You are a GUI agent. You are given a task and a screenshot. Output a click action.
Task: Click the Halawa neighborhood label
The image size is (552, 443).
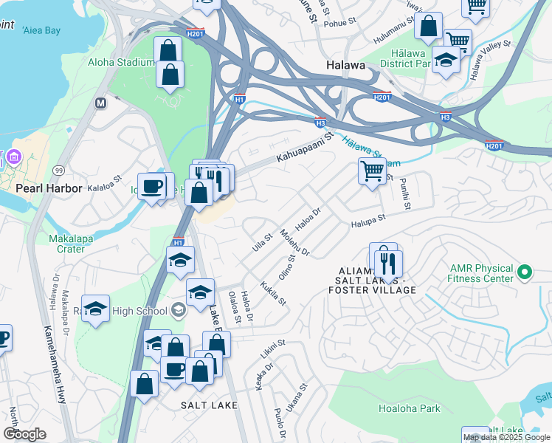pos(345,66)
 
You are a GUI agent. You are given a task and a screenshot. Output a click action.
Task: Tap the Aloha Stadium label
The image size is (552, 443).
pos(121,62)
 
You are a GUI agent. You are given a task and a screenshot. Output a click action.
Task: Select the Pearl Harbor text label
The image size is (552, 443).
pos(49,188)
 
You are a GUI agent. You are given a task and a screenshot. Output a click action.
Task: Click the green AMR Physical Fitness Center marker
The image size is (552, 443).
pos(525,272)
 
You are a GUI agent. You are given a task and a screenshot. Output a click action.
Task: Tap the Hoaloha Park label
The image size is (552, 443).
pos(409,408)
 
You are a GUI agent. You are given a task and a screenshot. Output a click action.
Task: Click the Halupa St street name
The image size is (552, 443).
pos(368,221)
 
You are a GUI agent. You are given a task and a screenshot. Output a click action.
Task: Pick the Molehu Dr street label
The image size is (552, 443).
pos(294,243)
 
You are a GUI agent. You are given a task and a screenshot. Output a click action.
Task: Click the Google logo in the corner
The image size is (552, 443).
pos(24,434)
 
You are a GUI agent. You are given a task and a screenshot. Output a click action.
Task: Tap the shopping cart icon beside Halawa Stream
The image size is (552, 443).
pos(373,171)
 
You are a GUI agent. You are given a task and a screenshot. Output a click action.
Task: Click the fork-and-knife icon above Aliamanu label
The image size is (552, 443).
pos(388,263)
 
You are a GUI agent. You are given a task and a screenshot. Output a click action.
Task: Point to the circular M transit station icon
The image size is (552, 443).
pos(100,103)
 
